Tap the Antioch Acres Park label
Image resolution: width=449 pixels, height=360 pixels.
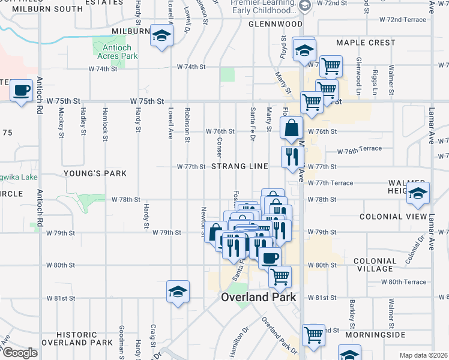116,52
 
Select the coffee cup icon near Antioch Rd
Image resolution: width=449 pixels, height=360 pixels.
22,91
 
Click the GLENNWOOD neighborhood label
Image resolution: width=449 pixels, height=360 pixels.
276,24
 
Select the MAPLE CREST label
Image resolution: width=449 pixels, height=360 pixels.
366,43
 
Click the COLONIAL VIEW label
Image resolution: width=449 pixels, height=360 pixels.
393,217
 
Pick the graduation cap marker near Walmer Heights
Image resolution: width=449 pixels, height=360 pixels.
418,193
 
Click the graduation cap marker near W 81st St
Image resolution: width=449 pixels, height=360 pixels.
178,292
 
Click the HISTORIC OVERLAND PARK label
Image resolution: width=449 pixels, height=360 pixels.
85,338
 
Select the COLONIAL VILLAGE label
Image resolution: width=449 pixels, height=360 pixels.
375,265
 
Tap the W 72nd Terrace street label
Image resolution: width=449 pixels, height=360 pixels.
402,20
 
